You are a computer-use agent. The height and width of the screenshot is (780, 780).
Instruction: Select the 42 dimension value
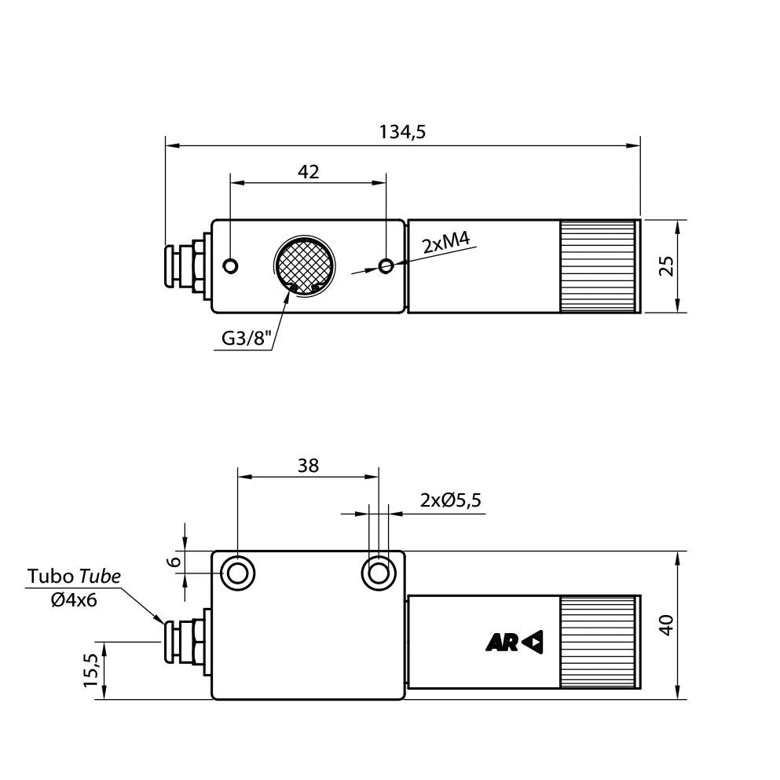click(309, 172)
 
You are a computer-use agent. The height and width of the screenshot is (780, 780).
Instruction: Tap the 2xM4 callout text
click(445, 244)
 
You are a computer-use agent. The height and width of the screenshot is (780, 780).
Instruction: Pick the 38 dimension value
click(309, 466)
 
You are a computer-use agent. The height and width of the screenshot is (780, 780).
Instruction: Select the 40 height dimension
click(667, 624)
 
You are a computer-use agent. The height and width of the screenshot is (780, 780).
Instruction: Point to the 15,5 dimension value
click(91, 670)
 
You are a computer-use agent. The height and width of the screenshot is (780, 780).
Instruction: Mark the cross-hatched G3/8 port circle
click(303, 266)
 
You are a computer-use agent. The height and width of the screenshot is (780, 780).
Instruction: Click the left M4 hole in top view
click(230, 265)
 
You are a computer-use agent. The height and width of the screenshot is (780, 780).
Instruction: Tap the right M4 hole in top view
click(385, 266)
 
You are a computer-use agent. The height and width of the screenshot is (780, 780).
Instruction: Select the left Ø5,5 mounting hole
click(238, 573)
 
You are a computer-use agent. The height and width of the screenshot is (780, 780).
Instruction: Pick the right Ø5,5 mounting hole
click(378, 573)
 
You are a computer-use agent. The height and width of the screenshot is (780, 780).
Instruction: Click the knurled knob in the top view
click(599, 266)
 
